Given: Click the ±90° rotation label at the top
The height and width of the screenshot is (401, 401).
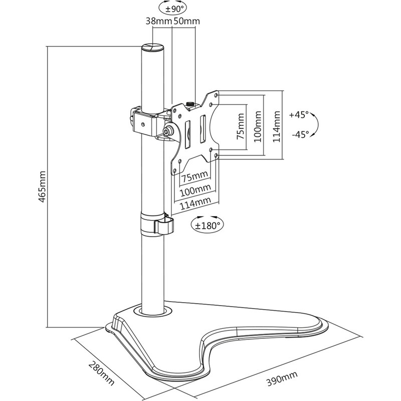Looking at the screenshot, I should tap(172, 8).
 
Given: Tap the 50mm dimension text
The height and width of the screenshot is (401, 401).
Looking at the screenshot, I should tap(186, 21).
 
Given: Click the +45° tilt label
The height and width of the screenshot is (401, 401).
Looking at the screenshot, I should tap(299, 114).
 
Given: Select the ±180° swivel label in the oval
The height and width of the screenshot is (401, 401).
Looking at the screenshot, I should tap(207, 226).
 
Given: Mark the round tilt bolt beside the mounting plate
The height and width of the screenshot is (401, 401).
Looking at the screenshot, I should tap(167, 131).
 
